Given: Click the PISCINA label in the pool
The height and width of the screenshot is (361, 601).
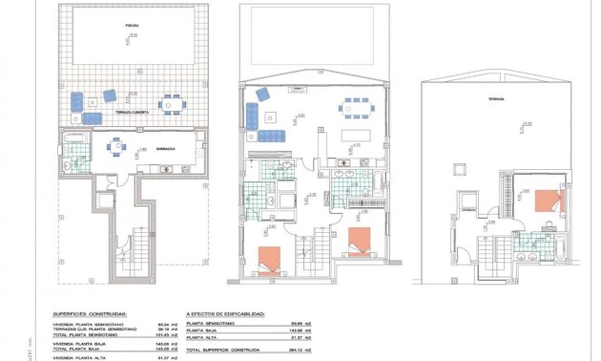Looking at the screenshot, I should (x=131, y=26).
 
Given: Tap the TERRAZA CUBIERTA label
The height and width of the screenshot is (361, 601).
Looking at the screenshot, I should (x=133, y=113).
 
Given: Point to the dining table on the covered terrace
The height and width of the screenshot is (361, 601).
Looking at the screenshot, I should (x=171, y=103).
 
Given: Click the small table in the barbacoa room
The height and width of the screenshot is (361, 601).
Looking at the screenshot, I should (x=117, y=147).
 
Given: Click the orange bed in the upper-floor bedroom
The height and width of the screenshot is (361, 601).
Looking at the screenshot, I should (x=548, y=200).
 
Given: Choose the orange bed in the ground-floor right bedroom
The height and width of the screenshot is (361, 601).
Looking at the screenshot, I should (x=359, y=242).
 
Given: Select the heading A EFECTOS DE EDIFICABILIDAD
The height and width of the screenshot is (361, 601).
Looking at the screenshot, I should (x=226, y=313).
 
